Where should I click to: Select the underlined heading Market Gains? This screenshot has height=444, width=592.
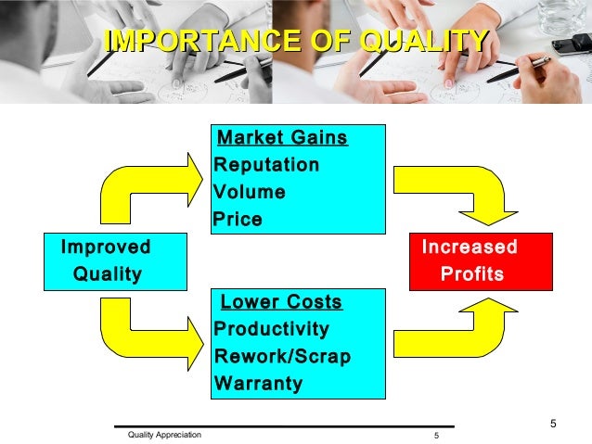tap(281, 138)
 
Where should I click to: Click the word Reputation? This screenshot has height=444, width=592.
tap(266, 165)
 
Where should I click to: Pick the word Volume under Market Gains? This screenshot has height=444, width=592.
tap(249, 193)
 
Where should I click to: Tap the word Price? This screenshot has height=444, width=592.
tap(238, 220)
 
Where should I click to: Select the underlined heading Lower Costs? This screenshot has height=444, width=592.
tap(281, 302)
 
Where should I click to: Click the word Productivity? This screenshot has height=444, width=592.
tap(271, 329)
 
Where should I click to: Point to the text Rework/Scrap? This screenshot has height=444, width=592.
tap(282, 356)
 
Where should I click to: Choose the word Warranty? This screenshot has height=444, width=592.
tap(258, 383)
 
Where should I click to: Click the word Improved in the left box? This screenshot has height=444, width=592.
tap(105, 247)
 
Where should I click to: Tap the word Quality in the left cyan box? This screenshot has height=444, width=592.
tap(108, 274)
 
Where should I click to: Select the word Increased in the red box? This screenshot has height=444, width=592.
tap(470, 247)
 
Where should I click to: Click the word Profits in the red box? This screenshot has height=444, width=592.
tap(473, 274)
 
